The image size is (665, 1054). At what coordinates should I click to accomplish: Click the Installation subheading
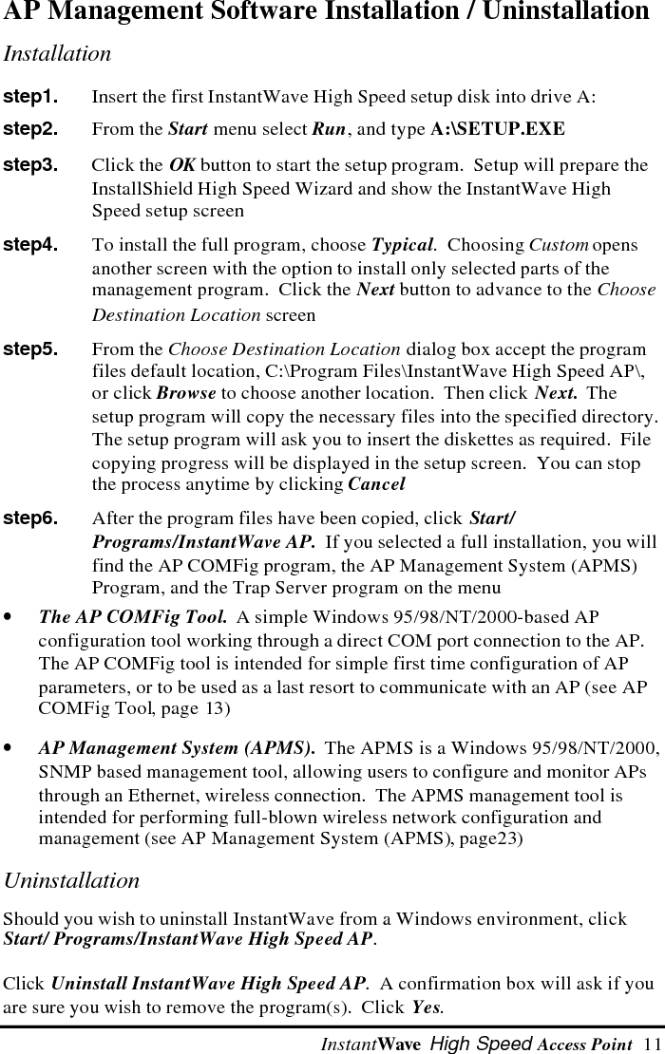point(57,54)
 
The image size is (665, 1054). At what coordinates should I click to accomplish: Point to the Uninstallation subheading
point(71,880)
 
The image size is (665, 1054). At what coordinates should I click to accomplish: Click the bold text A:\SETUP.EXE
point(497,128)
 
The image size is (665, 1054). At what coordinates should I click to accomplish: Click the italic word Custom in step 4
point(559,245)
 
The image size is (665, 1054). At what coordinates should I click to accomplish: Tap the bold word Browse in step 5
point(185,393)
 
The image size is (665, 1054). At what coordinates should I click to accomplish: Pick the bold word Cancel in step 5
point(376,484)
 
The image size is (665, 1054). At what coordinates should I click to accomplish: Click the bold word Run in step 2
point(329,128)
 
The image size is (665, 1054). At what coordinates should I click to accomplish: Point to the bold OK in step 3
point(182,166)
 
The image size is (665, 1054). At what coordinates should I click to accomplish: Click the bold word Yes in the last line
point(427,1006)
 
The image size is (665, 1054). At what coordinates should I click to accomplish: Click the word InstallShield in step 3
point(134,189)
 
